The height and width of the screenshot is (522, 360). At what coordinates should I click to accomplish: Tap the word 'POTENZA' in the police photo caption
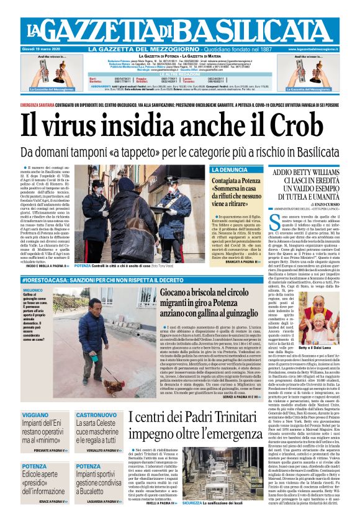(83, 265)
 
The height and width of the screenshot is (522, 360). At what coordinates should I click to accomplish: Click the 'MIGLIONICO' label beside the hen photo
(33, 290)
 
